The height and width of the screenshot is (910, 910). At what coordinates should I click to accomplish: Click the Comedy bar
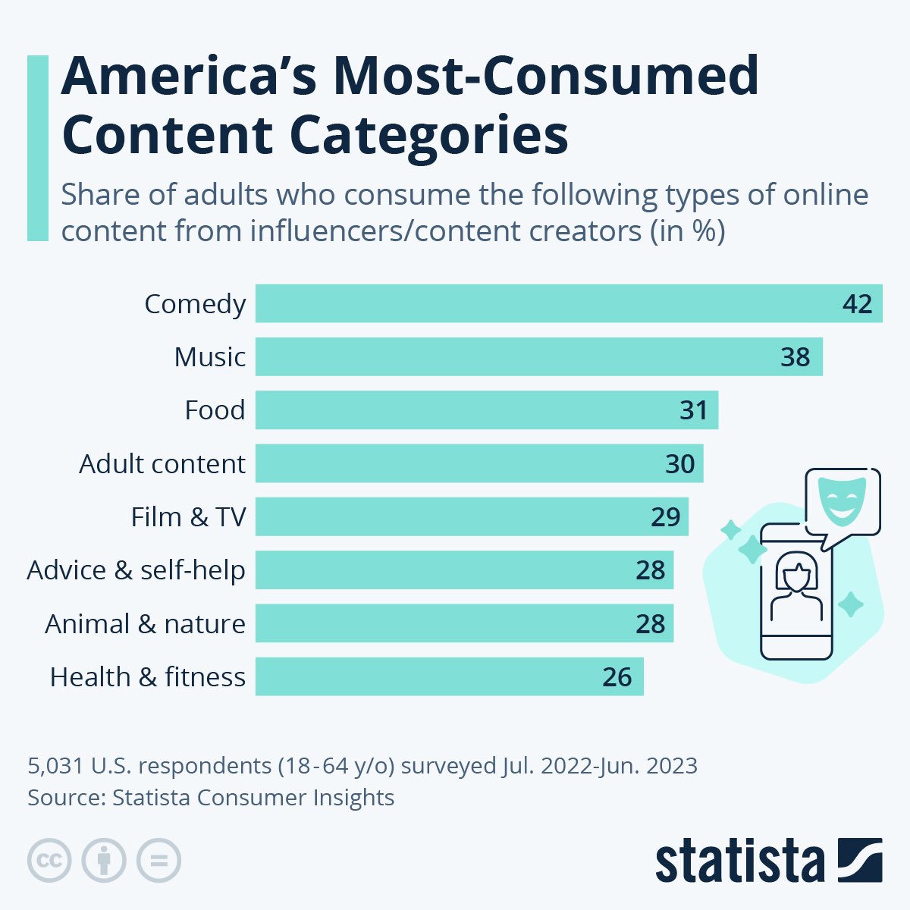(569, 303)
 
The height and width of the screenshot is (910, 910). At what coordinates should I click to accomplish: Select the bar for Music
(538, 356)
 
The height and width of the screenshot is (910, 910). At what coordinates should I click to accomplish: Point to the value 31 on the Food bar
(693, 410)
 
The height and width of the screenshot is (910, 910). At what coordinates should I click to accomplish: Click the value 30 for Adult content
(679, 463)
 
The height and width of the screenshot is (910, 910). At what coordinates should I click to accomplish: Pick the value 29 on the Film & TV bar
(665, 517)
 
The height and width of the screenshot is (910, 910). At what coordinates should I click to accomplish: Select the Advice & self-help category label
(136, 570)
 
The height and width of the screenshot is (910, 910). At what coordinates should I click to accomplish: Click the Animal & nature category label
(146, 624)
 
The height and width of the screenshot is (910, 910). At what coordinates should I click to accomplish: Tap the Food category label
(215, 410)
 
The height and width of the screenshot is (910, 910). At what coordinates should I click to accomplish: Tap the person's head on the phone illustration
(796, 571)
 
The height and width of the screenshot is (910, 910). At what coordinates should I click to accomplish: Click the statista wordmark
(739, 861)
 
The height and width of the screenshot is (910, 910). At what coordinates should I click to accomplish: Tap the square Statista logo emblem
(860, 861)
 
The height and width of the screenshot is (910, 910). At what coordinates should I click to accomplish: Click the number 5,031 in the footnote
(55, 766)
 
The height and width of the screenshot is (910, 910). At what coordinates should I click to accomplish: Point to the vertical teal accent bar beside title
(37, 148)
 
